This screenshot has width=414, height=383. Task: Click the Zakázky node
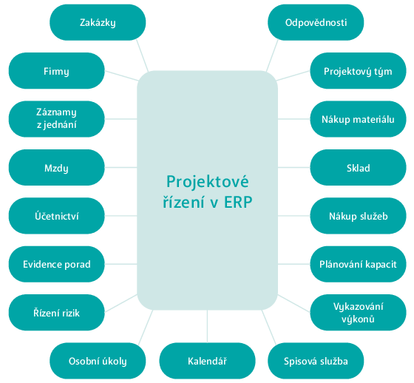pos(98,22)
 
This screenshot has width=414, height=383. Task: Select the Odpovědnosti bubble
pos(316,22)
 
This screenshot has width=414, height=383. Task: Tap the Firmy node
pos(56,71)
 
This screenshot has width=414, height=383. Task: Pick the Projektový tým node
pos(358,71)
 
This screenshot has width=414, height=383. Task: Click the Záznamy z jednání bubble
pos(56,119)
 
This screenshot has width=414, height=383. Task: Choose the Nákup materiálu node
pos(358,119)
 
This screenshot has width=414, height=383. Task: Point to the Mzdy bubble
pos(56,167)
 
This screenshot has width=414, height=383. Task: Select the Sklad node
pos(358,167)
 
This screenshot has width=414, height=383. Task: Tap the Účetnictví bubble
pos(56,216)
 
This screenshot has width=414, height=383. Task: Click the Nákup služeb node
pos(358,216)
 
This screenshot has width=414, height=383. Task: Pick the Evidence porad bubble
pos(56,264)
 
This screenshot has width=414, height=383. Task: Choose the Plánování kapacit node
pos(358,264)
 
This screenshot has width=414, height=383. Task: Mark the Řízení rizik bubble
pos(56,313)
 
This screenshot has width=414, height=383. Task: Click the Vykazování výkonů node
pos(358,313)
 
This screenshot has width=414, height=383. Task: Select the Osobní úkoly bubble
pos(98,361)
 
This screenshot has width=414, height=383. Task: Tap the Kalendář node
pos(207,361)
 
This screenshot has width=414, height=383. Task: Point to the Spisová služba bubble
pos(316,361)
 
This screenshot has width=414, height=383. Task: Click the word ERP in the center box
pos(238,203)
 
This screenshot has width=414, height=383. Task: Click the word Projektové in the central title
pos(208,182)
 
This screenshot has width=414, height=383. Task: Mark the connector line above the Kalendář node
pos(207,326)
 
